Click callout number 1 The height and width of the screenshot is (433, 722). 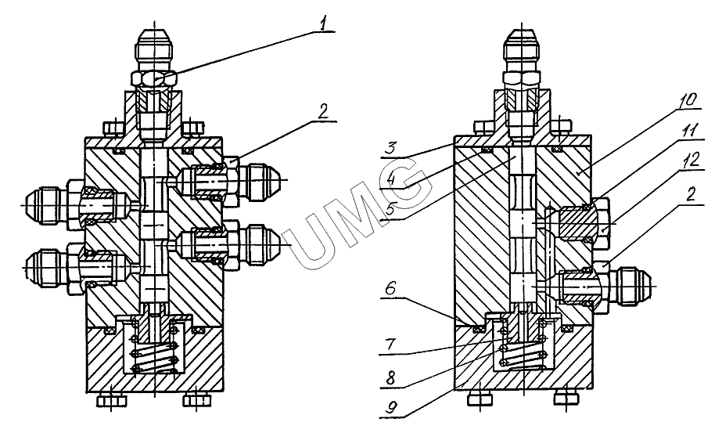(x=325, y=24)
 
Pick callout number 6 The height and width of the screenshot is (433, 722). (x=390, y=289)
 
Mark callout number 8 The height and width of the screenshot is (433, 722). (x=390, y=377)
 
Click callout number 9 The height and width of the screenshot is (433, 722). (x=390, y=408)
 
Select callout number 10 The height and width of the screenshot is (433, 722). (x=688, y=99)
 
